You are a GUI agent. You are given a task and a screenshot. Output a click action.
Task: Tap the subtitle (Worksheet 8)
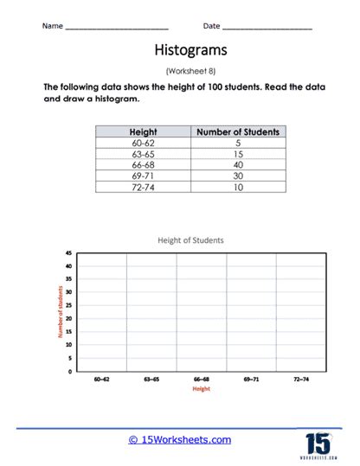coord(180,72)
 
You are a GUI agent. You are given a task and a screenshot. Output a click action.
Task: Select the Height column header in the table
coord(142,131)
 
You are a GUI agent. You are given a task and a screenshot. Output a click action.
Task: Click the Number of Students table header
coord(238,131)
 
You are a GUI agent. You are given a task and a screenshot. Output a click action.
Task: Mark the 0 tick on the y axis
coord(69,371)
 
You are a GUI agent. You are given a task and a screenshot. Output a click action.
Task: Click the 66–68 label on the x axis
coord(201,380)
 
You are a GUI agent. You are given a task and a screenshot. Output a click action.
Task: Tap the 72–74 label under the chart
coord(302,380)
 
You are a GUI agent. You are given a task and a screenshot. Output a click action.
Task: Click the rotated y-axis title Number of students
coord(61,312)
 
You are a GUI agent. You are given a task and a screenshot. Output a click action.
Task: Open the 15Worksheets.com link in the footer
coord(179,440)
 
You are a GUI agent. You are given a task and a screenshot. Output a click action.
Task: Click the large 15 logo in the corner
coord(318,444)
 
